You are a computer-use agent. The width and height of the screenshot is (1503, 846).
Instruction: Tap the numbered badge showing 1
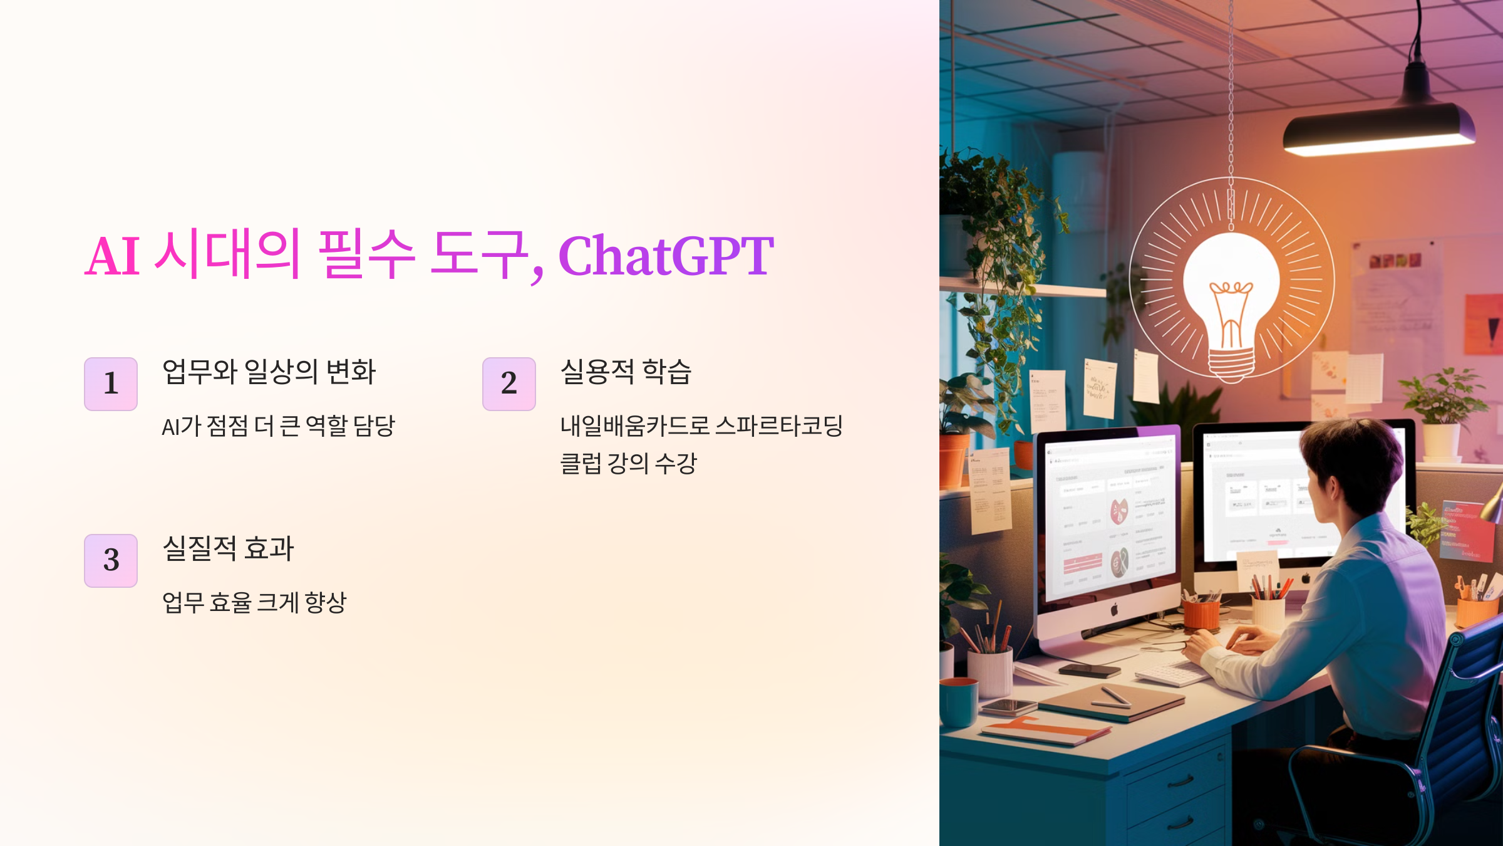coord(111,384)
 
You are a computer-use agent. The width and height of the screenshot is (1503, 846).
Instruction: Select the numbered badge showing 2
coord(509,384)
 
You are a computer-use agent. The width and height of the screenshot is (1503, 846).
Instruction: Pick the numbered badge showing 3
coord(111,560)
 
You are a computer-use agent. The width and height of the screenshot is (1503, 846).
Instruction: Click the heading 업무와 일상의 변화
coord(269,371)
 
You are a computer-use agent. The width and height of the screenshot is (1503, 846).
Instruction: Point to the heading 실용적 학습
coord(626,371)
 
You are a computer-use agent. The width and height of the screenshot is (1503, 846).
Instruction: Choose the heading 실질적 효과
coord(228,548)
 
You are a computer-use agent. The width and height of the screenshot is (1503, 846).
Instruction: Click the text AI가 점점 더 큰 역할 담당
coord(278,426)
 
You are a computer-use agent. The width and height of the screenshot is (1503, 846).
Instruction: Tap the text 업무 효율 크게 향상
coord(254,603)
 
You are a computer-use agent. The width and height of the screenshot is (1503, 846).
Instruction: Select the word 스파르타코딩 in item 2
coord(779,426)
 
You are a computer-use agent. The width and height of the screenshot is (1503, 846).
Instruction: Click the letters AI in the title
coord(113,257)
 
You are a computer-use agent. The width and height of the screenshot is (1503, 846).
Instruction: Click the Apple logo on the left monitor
coord(1114,608)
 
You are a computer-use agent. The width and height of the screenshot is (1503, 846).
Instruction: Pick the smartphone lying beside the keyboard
coord(1090,670)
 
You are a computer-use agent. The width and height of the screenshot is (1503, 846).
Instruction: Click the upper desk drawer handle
coord(1180,781)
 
